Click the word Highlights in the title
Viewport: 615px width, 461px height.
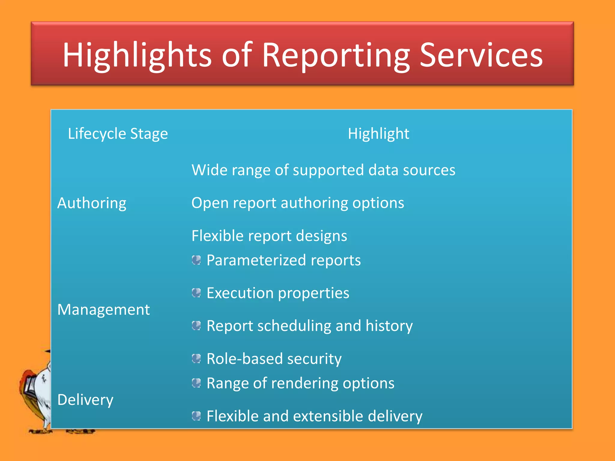pos(137,56)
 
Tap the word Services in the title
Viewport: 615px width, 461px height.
pos(481,56)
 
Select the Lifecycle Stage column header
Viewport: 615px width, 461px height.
pos(118,134)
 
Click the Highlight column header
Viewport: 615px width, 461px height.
pos(378,134)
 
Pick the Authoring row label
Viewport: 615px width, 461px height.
pos(92,203)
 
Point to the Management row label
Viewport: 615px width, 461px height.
pos(103,310)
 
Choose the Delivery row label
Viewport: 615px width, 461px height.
pos(85,400)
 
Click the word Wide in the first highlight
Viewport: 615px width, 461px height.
pos(209,170)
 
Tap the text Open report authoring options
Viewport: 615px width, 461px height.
pos(298,203)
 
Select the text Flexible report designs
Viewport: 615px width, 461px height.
pos(269,236)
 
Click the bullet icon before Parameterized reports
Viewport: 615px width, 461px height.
pos(196,260)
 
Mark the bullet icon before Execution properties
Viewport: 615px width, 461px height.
pos(196,293)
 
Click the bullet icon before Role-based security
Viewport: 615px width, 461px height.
pos(196,358)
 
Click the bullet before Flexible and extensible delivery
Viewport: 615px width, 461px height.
pos(196,416)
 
